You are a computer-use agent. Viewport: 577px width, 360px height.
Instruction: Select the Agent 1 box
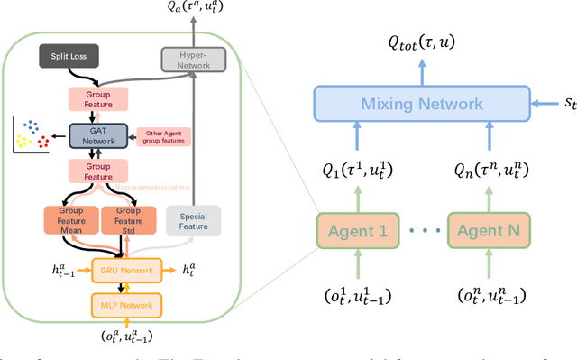[358, 230]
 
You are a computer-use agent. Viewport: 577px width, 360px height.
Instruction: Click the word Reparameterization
[151, 188]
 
